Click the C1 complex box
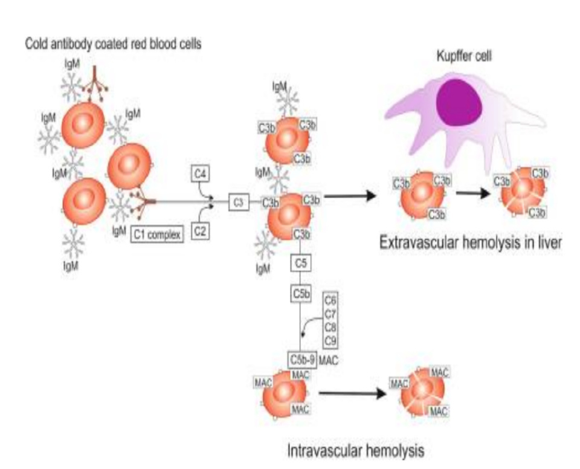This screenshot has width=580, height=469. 156,234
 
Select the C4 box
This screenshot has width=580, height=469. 200,174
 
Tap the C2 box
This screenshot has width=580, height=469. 200,229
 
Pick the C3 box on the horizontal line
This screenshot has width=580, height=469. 239,203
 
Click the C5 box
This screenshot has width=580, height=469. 300,263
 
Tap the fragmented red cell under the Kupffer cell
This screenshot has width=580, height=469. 521,192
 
